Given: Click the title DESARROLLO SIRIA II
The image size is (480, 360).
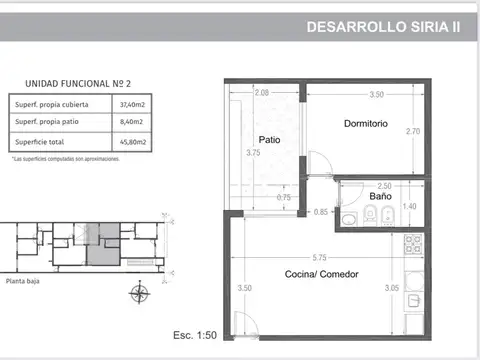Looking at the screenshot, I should coord(383,29).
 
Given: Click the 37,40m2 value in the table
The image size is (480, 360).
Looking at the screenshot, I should coord(132,103).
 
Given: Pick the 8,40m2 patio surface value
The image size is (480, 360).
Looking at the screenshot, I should coord(132,122).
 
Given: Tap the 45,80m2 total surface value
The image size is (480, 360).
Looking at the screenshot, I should coord(132,142).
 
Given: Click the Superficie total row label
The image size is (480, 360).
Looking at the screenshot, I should coord(42,142).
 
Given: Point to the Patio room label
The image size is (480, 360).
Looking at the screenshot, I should coord(269,139).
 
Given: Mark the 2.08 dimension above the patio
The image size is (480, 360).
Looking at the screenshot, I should coord(262,93).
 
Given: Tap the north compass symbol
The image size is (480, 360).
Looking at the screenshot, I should coord(139,295).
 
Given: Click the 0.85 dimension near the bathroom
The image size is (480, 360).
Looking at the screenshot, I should coord(321,211).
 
